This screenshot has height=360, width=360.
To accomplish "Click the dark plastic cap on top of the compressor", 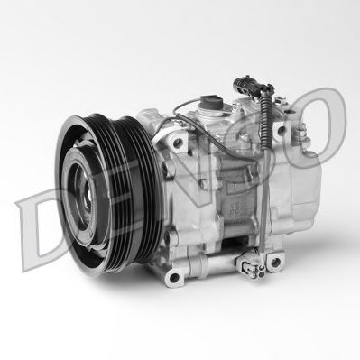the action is (212, 102).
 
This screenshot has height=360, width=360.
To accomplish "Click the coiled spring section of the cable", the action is (265, 121).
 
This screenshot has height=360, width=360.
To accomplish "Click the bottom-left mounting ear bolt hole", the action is (174, 277).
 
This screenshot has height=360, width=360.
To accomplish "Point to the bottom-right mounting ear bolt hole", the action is (275, 262).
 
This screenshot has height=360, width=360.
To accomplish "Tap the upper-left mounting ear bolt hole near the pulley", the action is (178, 143).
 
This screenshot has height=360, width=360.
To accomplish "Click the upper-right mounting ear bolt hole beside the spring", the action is (282, 130).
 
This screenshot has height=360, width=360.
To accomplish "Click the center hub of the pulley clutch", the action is (87, 193).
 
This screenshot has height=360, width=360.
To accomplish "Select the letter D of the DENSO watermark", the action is (39, 227).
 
